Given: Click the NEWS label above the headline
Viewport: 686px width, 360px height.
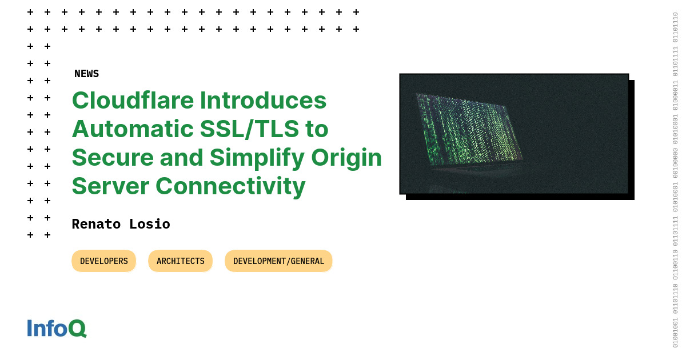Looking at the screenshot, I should click(x=86, y=74).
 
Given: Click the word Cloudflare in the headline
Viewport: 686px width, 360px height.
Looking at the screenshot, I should click(x=131, y=101).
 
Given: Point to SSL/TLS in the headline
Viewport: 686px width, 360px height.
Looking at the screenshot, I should click(x=249, y=129).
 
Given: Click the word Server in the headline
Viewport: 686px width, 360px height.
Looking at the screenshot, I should click(x=110, y=186).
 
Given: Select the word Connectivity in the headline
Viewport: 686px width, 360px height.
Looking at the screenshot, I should click(x=230, y=187).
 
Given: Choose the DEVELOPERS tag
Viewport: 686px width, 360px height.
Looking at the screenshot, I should click(x=103, y=261).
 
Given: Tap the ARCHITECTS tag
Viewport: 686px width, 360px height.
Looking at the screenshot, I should click(x=180, y=261).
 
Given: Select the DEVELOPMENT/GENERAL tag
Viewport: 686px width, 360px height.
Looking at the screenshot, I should click(x=278, y=261).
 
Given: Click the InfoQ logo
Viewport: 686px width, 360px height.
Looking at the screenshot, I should click(x=56, y=328).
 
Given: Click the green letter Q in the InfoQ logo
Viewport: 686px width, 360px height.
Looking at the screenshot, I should click(x=77, y=329).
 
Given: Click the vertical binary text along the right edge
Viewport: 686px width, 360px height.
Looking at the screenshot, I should click(x=675, y=180).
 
